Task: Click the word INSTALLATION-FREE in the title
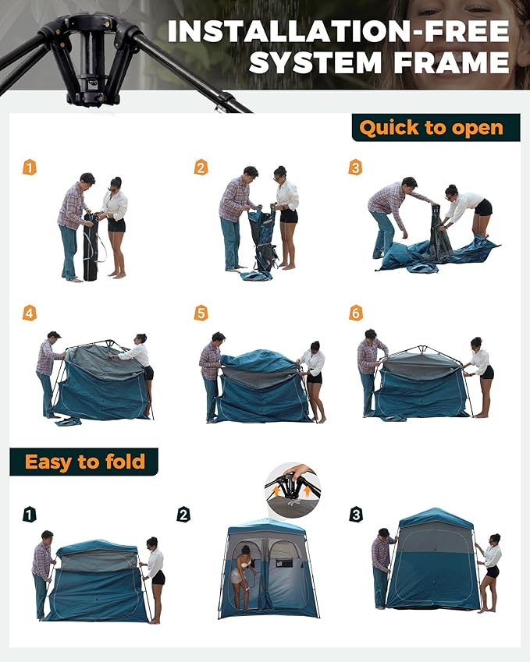(x=339, y=32)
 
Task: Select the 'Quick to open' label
(x=431, y=127)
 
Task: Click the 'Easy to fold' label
(x=84, y=462)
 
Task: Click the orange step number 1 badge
(x=30, y=168)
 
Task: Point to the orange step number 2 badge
(x=201, y=168)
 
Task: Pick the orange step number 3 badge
(x=356, y=168)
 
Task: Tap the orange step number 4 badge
(x=30, y=313)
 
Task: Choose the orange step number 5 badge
(x=201, y=313)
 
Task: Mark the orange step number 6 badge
(x=356, y=313)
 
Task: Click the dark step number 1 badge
(x=30, y=515)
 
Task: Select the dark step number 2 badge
(x=183, y=515)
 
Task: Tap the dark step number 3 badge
(x=356, y=515)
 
